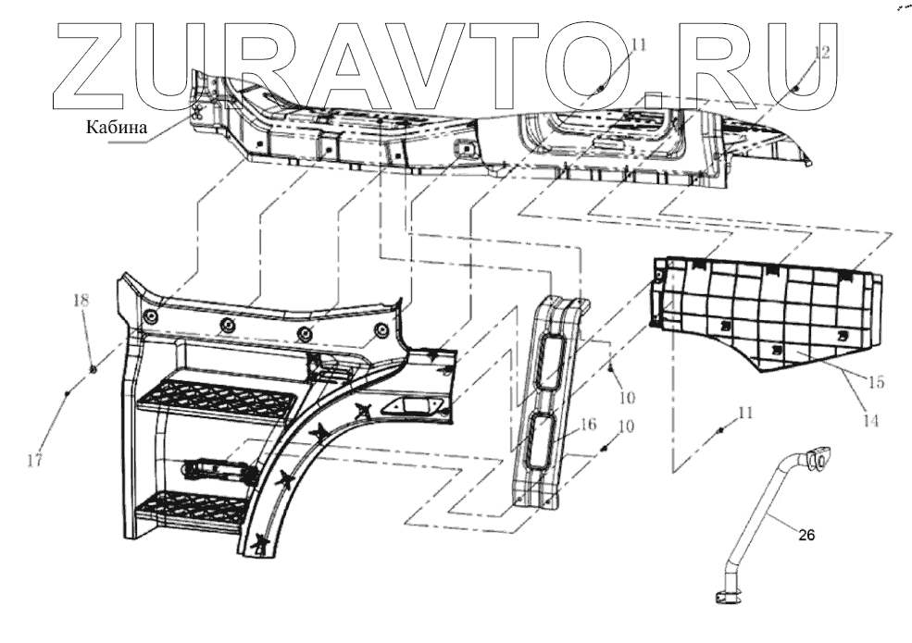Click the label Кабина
(x=117, y=128)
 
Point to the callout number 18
(x=81, y=301)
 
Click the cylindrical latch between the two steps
(x=221, y=470)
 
